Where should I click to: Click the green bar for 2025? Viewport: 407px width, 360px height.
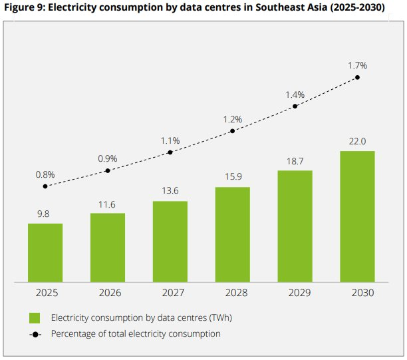click(x=45, y=252)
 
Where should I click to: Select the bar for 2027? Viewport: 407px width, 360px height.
click(x=170, y=241)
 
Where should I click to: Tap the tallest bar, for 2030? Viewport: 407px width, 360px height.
click(x=357, y=216)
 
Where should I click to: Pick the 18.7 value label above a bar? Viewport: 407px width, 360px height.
click(x=295, y=162)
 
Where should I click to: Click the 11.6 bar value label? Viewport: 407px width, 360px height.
click(x=108, y=204)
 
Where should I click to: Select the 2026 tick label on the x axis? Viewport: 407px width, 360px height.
click(x=108, y=292)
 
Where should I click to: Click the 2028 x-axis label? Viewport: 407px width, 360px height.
click(x=232, y=292)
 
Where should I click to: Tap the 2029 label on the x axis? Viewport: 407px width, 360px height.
click(x=295, y=292)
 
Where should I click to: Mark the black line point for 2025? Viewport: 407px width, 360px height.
click(x=45, y=186)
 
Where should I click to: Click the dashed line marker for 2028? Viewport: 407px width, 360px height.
click(x=233, y=131)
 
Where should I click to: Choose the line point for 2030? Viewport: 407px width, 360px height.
click(x=358, y=77)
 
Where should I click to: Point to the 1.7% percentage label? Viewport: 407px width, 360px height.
click(x=357, y=65)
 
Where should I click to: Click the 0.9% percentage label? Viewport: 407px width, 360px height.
click(x=108, y=158)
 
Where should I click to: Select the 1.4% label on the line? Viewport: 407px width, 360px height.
click(x=295, y=94)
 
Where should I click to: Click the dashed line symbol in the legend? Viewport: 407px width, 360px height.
click(x=36, y=333)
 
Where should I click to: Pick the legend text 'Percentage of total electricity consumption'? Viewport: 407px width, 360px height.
click(x=136, y=333)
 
